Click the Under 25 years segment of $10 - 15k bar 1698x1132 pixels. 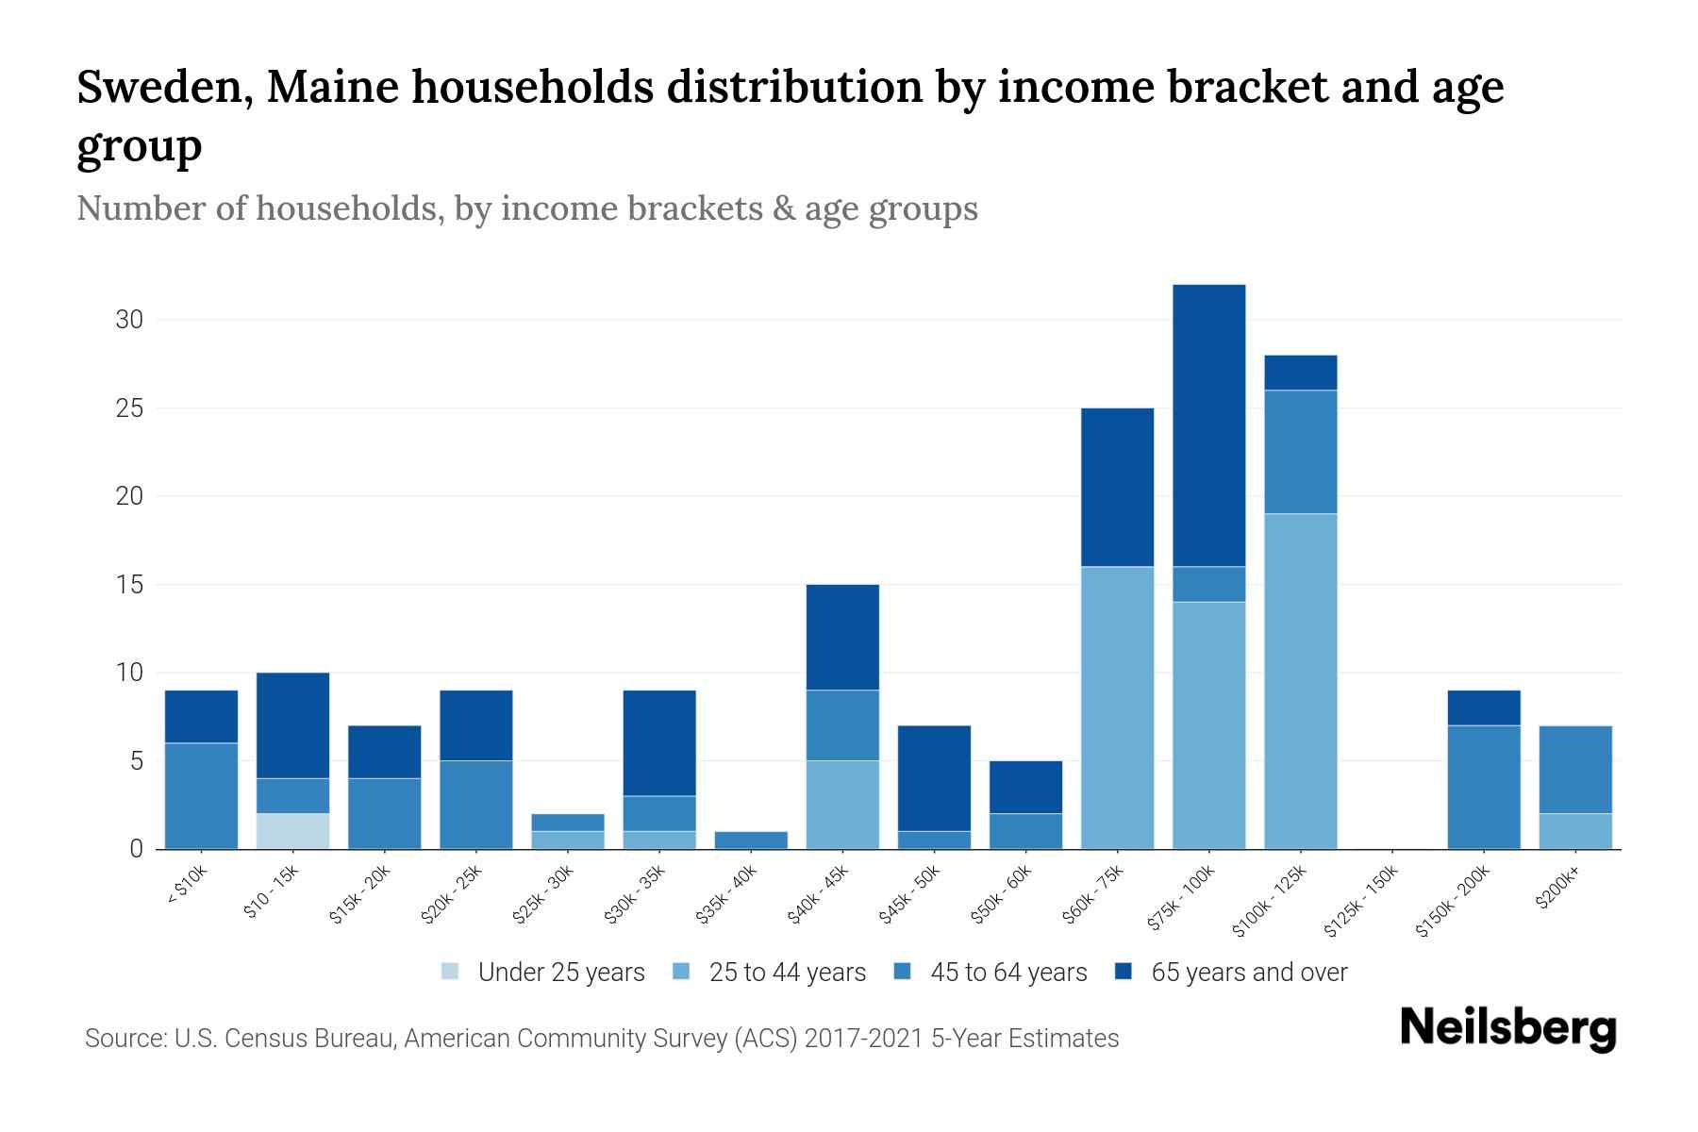coord(292,831)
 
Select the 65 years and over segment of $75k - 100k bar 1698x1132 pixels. coord(1208,424)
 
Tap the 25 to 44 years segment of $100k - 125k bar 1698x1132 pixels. coord(1300,681)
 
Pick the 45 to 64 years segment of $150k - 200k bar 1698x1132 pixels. coord(1484,787)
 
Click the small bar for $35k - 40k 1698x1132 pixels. coord(751,840)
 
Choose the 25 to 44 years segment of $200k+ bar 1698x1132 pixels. coord(1575,831)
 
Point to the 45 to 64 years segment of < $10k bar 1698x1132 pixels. coord(201,795)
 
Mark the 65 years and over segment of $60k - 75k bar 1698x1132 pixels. coord(1117,487)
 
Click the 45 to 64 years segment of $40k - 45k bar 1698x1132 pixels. coord(842,724)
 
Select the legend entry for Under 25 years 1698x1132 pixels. coord(543,973)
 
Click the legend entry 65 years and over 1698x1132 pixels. coord(1231,973)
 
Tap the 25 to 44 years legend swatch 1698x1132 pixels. coord(682,972)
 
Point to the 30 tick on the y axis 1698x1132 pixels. coord(129,320)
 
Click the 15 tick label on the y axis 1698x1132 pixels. coord(129,585)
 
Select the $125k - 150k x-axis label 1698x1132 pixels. coord(1361,903)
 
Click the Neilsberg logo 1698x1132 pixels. coord(1507,1028)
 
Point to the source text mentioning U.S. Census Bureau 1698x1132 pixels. coord(601,1039)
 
